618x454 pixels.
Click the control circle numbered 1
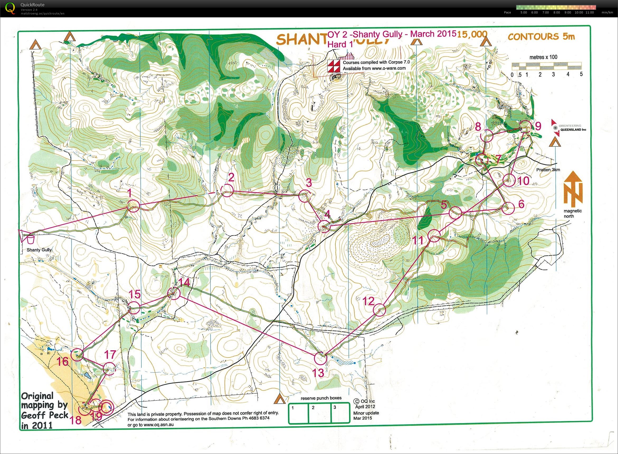[133, 206]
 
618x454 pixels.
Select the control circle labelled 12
[380, 310]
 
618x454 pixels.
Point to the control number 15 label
[135, 294]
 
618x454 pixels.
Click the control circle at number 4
[324, 227]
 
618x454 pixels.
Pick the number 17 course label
[110, 355]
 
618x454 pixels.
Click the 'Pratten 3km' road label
[548, 170]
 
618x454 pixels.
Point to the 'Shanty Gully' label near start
[39, 250]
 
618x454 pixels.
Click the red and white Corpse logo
[334, 66]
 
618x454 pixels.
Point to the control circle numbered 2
[227, 190]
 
